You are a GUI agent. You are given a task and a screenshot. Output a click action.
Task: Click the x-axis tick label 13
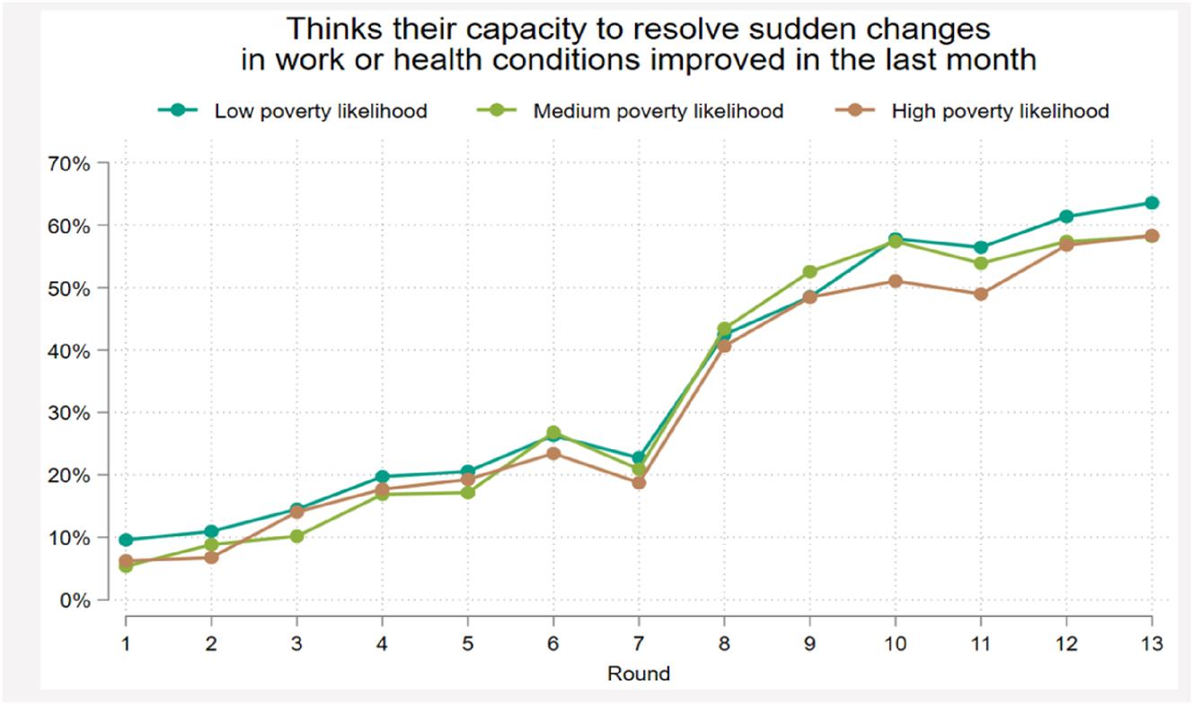coord(1151,643)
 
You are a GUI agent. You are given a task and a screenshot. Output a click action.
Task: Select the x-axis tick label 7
coord(639,643)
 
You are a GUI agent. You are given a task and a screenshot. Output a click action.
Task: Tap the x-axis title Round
coord(638,673)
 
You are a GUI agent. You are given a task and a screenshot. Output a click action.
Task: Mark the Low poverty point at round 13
coord(1152,203)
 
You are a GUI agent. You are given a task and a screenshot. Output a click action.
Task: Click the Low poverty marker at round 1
coord(126,540)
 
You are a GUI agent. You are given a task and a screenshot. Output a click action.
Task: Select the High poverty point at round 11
coord(981,294)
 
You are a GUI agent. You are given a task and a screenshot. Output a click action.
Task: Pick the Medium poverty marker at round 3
coord(296,536)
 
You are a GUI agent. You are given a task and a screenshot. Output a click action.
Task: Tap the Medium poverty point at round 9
coord(809,272)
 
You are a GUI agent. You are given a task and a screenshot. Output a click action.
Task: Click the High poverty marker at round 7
coord(639,482)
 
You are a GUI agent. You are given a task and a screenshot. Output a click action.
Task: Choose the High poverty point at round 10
coord(896,281)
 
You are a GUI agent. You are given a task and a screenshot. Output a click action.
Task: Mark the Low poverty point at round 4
coord(382,477)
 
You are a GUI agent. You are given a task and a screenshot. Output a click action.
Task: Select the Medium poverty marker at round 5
coord(467,492)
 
